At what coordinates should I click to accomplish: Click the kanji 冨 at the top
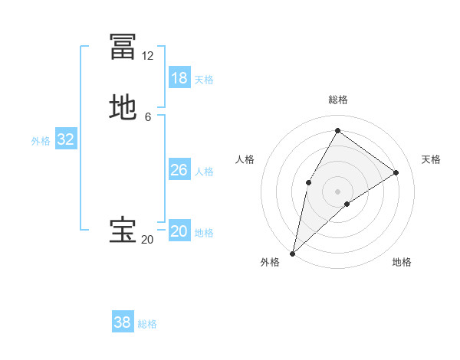tap(123, 47)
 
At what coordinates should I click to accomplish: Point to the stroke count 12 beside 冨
tap(147, 56)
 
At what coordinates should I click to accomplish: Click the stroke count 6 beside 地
tap(147, 116)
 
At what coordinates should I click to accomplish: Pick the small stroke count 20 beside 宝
tap(147, 240)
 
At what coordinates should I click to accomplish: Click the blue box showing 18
tap(179, 78)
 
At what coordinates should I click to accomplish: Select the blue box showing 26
tap(179, 170)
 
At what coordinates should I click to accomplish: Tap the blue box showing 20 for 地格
tap(179, 231)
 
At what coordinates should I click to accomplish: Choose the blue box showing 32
tap(66, 139)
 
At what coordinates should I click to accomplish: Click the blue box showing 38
tap(123, 322)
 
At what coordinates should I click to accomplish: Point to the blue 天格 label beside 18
tap(204, 80)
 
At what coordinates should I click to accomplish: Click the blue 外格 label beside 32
tap(41, 141)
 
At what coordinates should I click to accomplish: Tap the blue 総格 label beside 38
tap(147, 324)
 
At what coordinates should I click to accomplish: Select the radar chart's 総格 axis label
tap(337, 100)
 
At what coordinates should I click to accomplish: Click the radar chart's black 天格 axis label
tap(431, 159)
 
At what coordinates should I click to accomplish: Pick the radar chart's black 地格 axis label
tap(402, 263)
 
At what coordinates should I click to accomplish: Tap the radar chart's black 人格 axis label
tap(245, 159)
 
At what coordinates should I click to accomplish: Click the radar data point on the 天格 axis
tap(396, 172)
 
